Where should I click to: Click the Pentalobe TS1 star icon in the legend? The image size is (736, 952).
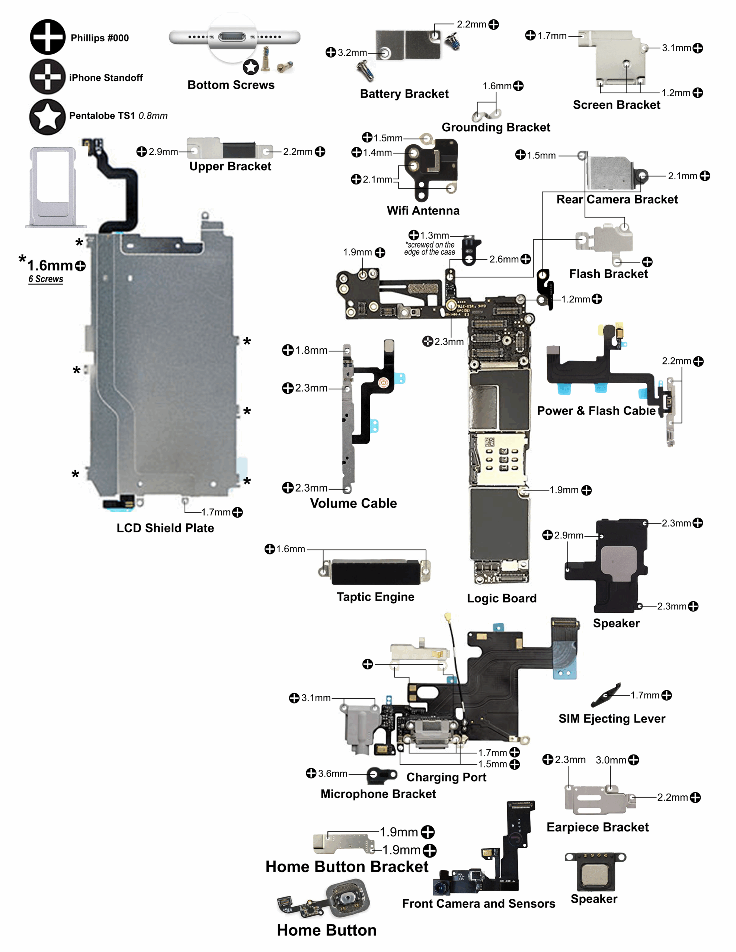tap(47, 116)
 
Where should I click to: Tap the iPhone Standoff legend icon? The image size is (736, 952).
tap(47, 77)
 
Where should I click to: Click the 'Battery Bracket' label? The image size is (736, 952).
tap(404, 94)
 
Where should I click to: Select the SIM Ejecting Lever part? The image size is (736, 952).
tap(605, 695)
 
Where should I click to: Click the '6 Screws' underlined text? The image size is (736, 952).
tap(46, 279)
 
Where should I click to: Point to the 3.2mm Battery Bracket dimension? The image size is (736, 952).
tap(352, 53)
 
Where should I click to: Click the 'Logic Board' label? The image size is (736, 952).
tap(502, 598)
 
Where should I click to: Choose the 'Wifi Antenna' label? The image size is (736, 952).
tap(423, 210)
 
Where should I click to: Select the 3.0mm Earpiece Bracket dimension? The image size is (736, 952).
tap(611, 760)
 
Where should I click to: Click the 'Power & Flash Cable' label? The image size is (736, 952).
tap(596, 411)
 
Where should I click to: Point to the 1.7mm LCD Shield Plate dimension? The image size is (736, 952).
tap(216, 512)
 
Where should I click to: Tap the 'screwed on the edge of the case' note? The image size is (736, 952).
tap(430, 248)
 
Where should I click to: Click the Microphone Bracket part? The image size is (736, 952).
tap(382, 775)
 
